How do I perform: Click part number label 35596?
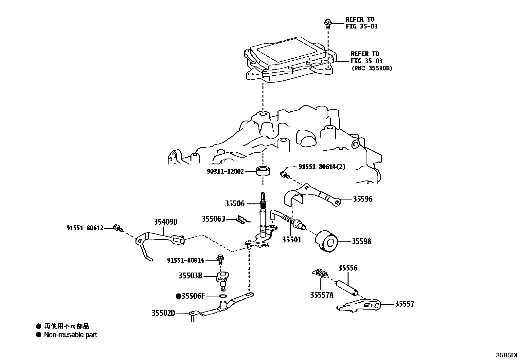tap(363, 199)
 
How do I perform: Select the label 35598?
tap(362, 241)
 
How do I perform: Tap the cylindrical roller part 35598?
tap(326, 242)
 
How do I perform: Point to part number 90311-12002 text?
tap(225, 171)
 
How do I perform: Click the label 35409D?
tap(166, 222)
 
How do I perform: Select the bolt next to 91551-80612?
tap(117, 227)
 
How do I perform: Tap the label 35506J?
tap(213, 219)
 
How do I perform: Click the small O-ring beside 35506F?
tap(223, 296)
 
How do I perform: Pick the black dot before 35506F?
tap(178, 296)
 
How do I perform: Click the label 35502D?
tap(163, 313)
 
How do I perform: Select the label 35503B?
tap(190, 276)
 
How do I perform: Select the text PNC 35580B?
tap(372, 68)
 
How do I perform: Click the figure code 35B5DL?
tap(507, 355)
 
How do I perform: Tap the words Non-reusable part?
tap(70, 335)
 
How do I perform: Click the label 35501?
tap(292, 240)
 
